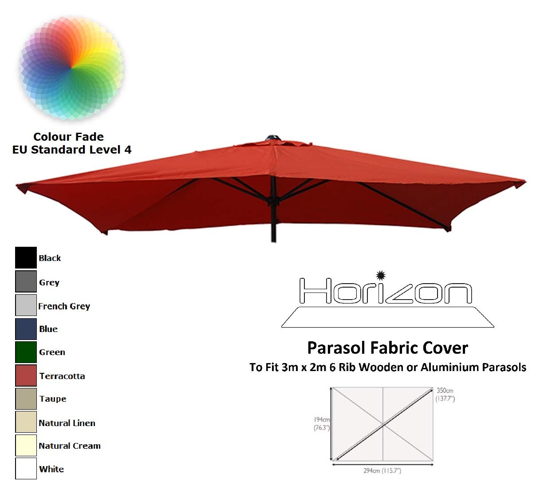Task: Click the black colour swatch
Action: click(26, 258)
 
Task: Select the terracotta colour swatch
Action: click(26, 375)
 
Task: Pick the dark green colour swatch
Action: click(26, 352)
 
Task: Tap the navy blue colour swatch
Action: click(26, 329)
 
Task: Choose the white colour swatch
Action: click(26, 469)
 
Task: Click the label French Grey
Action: click(64, 306)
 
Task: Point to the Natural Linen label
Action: click(67, 423)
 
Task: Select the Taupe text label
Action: click(52, 399)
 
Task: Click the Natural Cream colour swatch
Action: click(26, 446)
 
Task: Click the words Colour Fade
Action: click(68, 137)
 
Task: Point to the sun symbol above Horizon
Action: click(380, 275)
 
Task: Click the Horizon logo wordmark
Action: click(385, 291)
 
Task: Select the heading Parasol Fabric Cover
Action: click(387, 348)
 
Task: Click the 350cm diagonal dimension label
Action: click(445, 391)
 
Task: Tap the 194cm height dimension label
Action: click(322, 420)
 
